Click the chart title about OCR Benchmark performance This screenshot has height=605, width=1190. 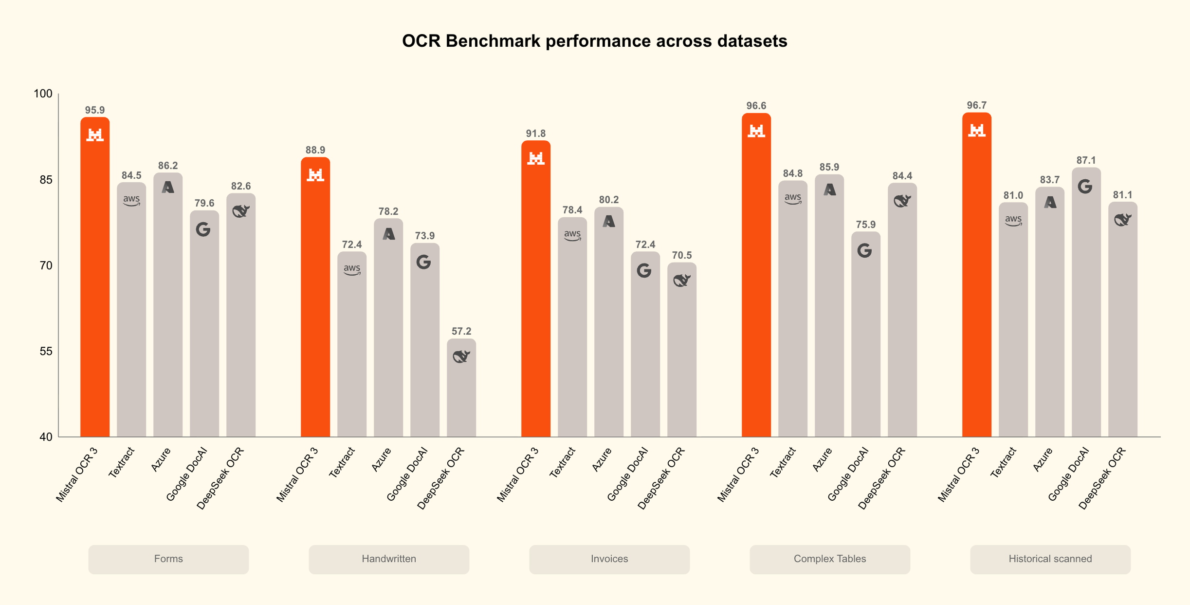tap(594, 41)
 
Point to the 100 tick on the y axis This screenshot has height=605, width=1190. tap(43, 94)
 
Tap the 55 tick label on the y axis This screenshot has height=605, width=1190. tap(46, 351)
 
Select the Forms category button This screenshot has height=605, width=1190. tap(168, 559)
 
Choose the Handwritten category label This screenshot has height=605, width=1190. tap(389, 559)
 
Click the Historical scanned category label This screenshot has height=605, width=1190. tap(1050, 559)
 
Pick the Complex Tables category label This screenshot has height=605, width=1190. tap(829, 559)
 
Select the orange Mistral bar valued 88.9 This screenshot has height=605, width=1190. tap(315, 302)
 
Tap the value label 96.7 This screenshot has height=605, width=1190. tap(976, 105)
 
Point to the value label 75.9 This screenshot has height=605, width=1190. tap(865, 225)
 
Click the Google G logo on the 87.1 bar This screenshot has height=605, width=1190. tap(1085, 187)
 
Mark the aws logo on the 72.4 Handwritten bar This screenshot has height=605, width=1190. tap(352, 269)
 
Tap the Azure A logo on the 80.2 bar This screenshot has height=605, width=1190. tap(609, 222)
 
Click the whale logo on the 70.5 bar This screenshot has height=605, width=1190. tap(681, 281)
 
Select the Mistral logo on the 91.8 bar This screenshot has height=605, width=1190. tap(536, 158)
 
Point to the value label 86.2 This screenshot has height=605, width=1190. tap(168, 166)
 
